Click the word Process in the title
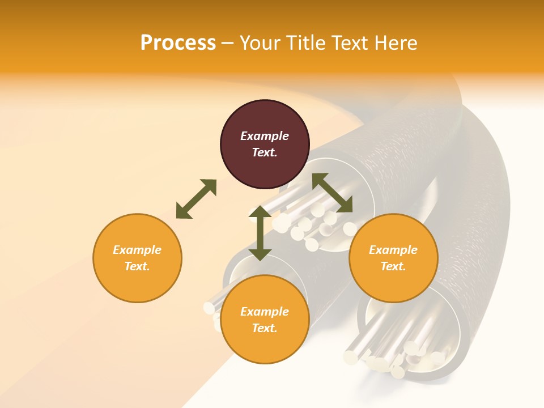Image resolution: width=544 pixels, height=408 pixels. pos(178,43)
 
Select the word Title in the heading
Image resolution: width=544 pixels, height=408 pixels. pos(308,43)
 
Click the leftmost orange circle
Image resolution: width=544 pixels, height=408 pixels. pos(137,258)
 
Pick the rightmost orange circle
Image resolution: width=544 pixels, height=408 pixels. pos(393,258)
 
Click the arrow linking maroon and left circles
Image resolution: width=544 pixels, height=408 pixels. pos(196,199)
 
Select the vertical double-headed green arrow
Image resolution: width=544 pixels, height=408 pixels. pos(260,233)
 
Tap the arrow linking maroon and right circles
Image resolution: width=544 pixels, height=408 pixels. pos(332,193)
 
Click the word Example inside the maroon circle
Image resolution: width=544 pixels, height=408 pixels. pos(265,136)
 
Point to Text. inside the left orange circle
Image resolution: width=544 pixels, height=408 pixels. pos(137,266)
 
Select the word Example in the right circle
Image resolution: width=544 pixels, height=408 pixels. pos(393,250)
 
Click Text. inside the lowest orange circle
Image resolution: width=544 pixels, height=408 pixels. pos(265,328)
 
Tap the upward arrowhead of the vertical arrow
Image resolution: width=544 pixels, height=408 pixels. pos(260,212)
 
